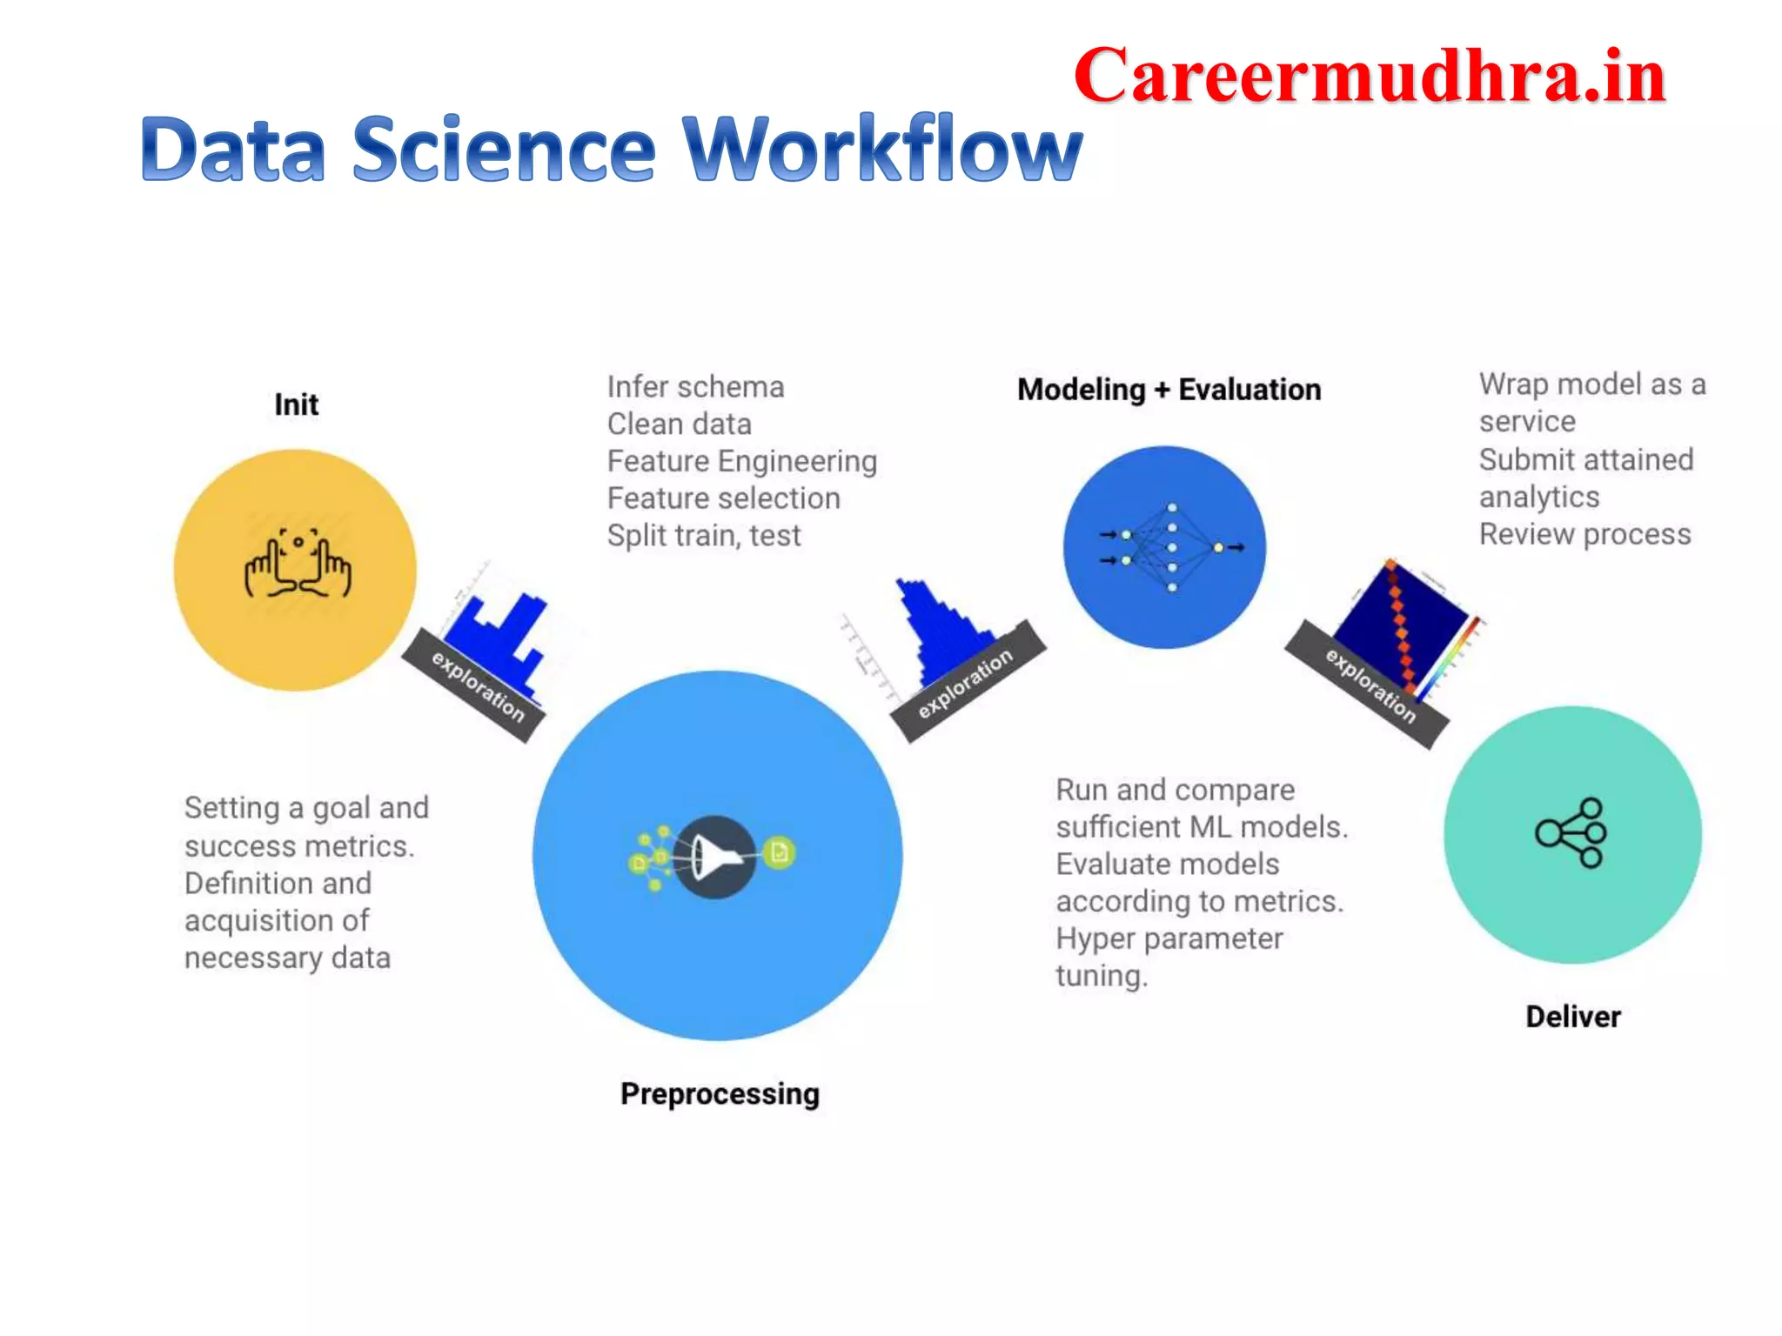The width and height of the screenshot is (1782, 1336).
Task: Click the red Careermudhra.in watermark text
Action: (1369, 77)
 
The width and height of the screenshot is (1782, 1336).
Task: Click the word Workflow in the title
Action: (882, 150)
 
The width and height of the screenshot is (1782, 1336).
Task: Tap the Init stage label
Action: (296, 404)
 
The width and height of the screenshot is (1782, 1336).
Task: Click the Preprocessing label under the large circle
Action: (720, 1093)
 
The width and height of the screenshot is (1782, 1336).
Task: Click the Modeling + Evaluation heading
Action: (1169, 390)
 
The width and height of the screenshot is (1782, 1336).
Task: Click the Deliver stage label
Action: (1572, 1016)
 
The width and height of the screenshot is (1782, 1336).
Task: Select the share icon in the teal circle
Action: (1571, 832)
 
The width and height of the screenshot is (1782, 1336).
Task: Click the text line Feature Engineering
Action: (741, 461)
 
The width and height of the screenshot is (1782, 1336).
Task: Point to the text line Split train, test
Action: (703, 536)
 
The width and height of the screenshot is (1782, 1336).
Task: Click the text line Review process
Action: (1584, 534)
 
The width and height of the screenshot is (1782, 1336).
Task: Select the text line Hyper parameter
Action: (1169, 939)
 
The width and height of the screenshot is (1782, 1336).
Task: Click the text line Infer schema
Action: (695, 387)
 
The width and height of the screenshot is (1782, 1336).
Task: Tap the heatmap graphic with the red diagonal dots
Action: (1403, 626)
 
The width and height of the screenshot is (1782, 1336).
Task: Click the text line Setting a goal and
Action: (306, 808)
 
